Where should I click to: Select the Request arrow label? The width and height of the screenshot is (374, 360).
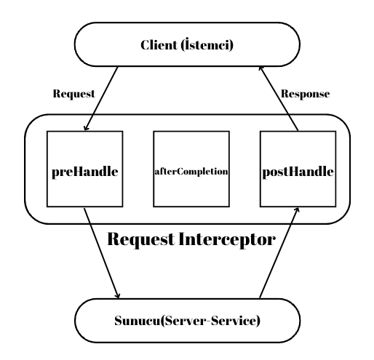pyautogui.click(x=73, y=95)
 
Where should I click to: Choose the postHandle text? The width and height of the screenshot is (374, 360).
pyautogui.click(x=299, y=174)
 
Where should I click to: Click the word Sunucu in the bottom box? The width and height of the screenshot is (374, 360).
pyautogui.click(x=138, y=319)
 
